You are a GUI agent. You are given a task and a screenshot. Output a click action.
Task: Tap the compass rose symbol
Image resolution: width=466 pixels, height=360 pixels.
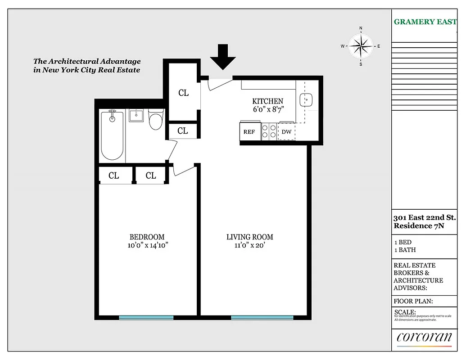pos(360,46)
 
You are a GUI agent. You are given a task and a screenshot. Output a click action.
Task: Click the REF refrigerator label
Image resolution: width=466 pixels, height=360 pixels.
pos(249,132)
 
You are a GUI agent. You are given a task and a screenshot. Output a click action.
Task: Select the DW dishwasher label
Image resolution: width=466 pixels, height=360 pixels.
pos(286,132)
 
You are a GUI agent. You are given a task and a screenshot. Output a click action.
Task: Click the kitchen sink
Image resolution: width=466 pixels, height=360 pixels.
pos(308,99)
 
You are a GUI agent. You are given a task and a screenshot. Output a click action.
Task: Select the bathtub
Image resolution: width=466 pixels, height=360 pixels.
pos(112,135)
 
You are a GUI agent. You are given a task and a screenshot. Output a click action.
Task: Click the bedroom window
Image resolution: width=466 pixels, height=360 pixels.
pos(146,317)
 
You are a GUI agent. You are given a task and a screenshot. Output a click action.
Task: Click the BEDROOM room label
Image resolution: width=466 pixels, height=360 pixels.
pos(147,237)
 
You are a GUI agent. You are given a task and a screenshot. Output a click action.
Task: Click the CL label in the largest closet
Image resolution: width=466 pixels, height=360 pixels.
pos(183,93)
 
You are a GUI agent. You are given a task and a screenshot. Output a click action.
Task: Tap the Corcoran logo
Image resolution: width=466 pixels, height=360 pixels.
pos(424,337)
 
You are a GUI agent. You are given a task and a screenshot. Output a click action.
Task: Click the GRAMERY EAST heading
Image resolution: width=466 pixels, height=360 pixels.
pos(425,22)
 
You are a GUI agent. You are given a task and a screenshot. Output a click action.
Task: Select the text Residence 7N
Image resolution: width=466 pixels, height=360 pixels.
pos(418,226)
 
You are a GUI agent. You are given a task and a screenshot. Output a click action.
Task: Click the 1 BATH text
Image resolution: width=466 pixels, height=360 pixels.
pos(405,250)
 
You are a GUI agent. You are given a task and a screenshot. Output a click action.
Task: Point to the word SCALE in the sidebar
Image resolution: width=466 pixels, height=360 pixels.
pos(405,312)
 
